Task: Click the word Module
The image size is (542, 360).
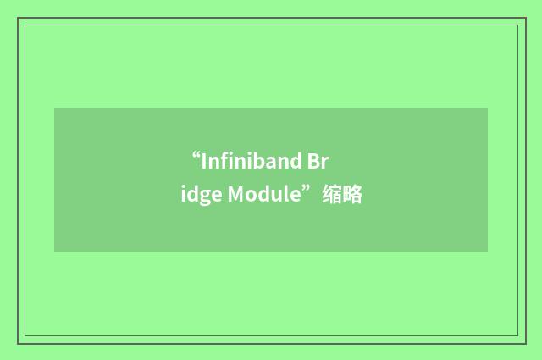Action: click(265, 195)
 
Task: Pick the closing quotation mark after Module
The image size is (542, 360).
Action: click(311, 191)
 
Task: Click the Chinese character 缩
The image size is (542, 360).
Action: click(331, 195)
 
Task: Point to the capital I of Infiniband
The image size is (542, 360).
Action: click(204, 162)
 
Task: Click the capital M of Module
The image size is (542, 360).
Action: click(236, 195)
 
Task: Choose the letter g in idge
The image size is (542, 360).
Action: click(202, 197)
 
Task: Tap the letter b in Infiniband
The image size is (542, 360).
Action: click(255, 161)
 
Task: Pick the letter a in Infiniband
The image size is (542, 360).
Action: click(266, 163)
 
